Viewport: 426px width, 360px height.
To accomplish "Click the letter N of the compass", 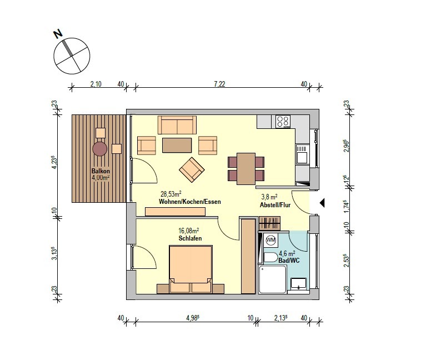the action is point(58,34).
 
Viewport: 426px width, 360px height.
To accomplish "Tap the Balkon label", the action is point(101,171).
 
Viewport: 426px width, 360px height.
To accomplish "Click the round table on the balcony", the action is point(100,149).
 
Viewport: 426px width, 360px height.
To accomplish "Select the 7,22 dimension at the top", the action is point(219,84).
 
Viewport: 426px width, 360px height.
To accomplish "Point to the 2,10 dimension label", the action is point(96,84).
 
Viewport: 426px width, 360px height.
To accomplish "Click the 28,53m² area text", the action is point(171,194).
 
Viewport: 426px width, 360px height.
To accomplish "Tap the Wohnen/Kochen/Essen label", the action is point(189,202).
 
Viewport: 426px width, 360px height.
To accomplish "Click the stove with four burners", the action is point(283,122).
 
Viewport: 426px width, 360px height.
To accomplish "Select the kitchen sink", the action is point(302,154).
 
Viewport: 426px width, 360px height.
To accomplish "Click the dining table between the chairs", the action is point(246,169).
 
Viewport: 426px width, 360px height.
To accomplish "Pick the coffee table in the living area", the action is point(177,146).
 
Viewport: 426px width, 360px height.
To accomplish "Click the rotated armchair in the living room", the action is point(192,170).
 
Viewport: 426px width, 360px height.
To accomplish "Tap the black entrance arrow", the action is point(322,203).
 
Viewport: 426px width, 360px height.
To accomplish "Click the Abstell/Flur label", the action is point(275,205).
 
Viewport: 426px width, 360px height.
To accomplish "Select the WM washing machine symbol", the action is point(270,240).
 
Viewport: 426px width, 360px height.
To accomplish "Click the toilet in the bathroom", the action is point(270,258).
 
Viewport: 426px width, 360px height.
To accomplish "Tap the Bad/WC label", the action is point(289,261).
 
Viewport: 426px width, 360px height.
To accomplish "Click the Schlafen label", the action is point(190,238).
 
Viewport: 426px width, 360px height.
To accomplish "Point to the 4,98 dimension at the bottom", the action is point(193,318).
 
